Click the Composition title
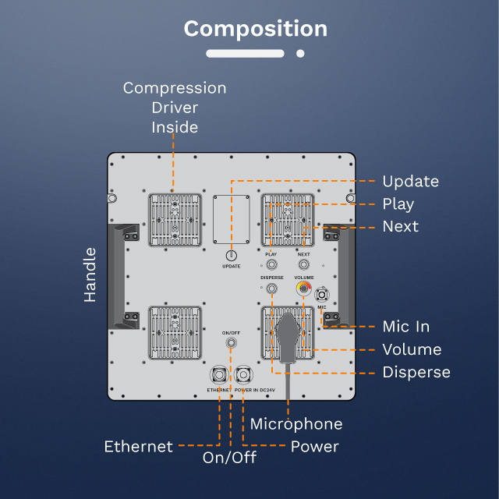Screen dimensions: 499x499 click(x=255, y=29)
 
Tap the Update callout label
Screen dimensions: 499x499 click(x=410, y=182)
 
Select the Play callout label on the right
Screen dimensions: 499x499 click(x=398, y=204)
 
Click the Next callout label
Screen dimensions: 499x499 click(x=400, y=227)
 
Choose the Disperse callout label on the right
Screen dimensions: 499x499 click(x=416, y=372)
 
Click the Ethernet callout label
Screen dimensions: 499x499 click(x=139, y=447)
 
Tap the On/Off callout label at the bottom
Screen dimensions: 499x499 click(x=229, y=458)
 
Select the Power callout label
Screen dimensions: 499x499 click(x=314, y=447)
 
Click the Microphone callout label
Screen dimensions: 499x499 click(x=296, y=424)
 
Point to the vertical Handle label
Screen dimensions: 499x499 click(x=90, y=274)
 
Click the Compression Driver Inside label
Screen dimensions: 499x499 click(x=175, y=108)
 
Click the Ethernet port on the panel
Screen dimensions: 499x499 click(x=219, y=373)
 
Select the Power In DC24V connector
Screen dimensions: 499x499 click(x=244, y=373)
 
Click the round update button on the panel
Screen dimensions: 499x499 click(x=231, y=255)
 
